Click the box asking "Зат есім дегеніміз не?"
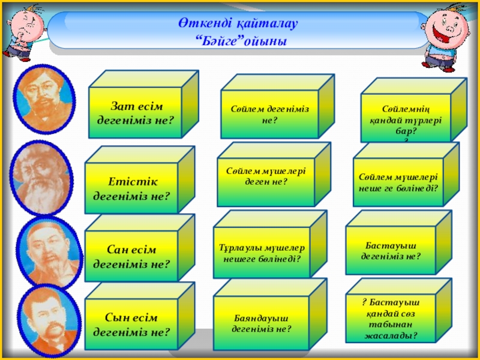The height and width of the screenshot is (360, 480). tap(135, 112)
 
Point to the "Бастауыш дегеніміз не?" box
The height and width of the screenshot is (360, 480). tap(391, 251)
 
